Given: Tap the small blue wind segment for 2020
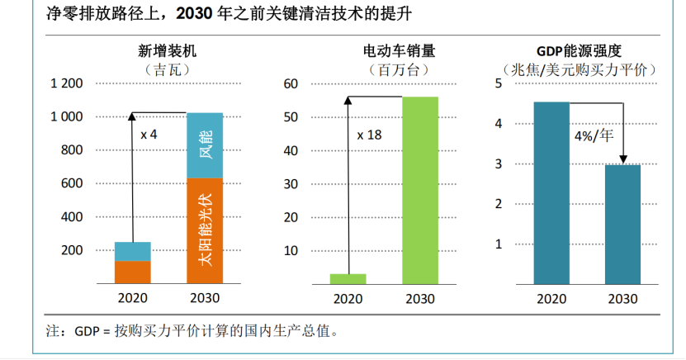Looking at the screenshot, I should click(132, 251).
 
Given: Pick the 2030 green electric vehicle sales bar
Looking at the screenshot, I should click(420, 189).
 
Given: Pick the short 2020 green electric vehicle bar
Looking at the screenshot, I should click(348, 277).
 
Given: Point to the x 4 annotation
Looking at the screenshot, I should click(149, 134).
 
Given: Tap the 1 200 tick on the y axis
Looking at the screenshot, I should click(67, 83).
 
